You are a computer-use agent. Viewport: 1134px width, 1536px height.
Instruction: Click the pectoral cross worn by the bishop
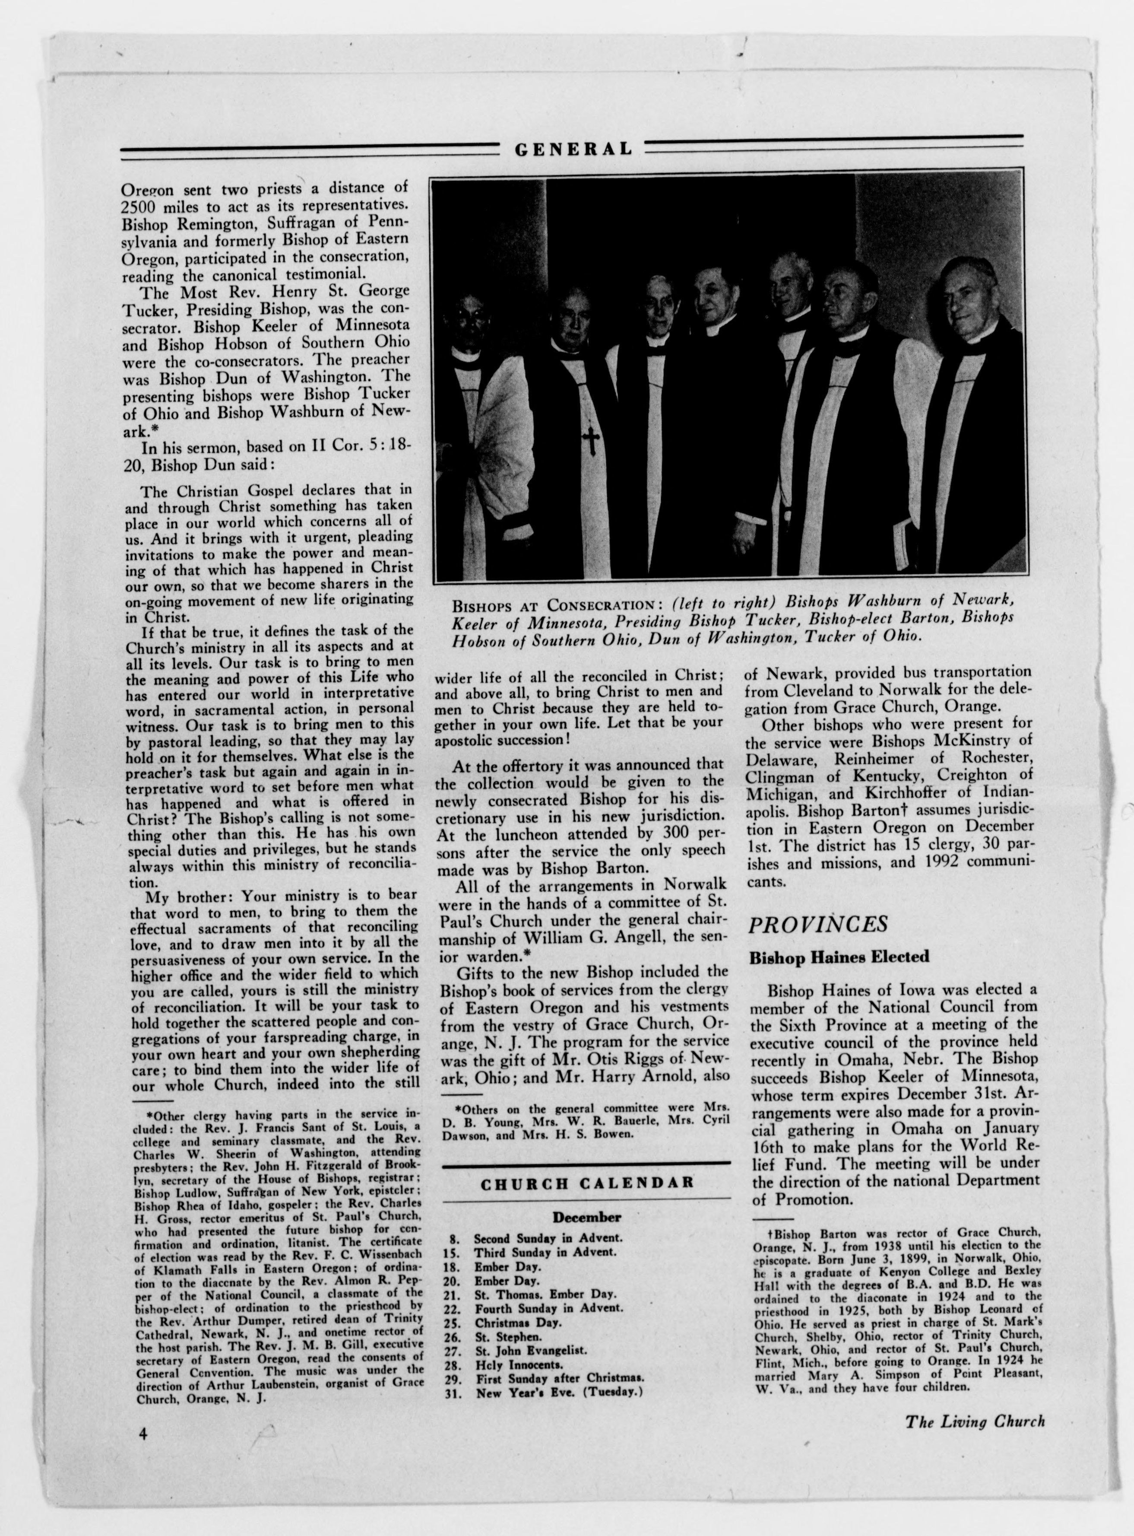point(589,442)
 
